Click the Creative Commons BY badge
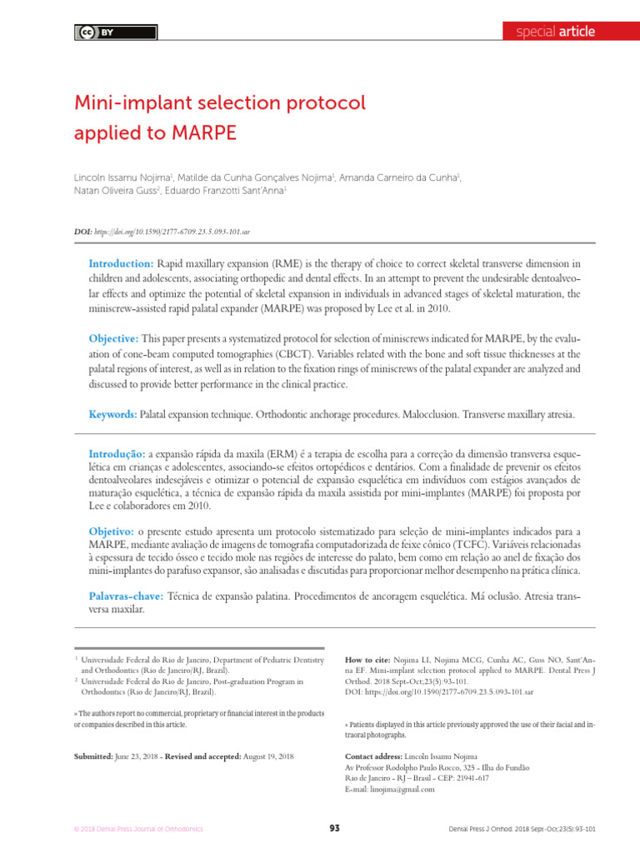[x=97, y=32]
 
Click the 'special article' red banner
[x=555, y=32]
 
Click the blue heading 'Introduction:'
[x=121, y=263]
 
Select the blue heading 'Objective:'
[x=114, y=338]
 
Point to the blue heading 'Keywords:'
[x=113, y=414]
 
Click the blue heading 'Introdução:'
[x=117, y=453]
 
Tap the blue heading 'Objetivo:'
[x=112, y=531]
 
